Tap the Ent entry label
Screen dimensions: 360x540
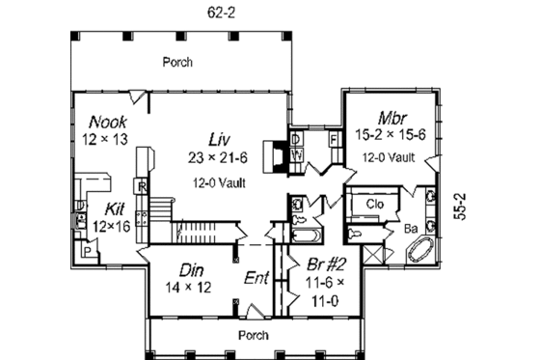click(256, 279)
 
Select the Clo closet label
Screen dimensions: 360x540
click(375, 204)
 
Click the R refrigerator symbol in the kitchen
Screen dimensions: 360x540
click(142, 186)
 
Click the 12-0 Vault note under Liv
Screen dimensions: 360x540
click(221, 180)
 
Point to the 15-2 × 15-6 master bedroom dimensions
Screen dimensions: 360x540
click(390, 136)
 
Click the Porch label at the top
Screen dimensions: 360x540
click(176, 62)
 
